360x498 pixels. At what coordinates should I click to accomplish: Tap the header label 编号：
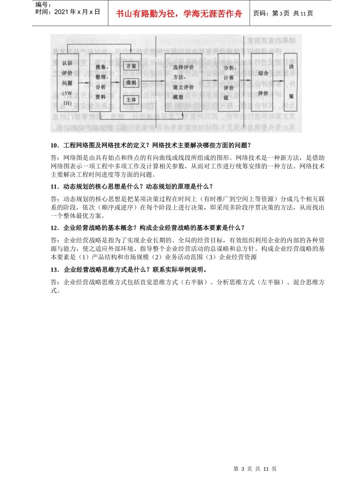pos(43,5)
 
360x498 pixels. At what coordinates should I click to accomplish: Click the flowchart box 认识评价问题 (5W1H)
pos(67,83)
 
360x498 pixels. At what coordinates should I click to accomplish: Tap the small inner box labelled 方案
pos(131,66)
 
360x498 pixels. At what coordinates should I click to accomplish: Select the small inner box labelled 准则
pos(131,83)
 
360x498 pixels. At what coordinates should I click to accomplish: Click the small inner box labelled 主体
pos(131,99)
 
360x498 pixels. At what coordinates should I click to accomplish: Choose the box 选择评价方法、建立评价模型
pos(183,82)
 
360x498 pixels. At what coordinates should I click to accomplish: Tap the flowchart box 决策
pos(291,82)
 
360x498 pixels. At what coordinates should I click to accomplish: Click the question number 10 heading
pos(151,145)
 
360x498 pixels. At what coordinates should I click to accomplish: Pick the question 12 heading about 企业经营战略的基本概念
pos(148,228)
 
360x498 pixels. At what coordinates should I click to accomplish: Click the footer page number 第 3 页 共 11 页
pos(255,469)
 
